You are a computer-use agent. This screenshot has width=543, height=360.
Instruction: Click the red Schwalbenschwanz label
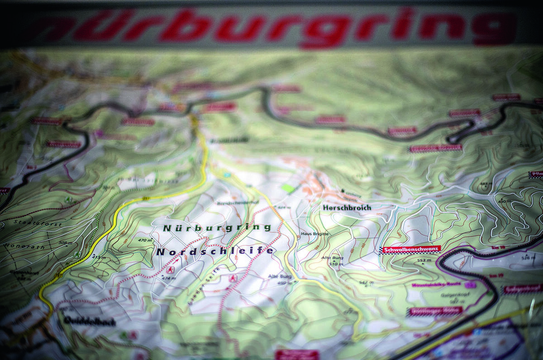[x=410, y=250]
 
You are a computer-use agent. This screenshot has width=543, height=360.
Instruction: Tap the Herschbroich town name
[x=347, y=207]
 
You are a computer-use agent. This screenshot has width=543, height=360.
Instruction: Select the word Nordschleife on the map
[x=215, y=251]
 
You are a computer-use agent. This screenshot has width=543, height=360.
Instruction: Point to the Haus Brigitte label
[x=314, y=234]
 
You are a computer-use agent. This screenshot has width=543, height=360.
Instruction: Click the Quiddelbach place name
[x=90, y=321]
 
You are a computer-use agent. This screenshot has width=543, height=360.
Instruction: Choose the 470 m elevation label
[x=145, y=240]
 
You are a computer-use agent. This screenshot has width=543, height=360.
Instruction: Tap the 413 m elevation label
[x=98, y=258]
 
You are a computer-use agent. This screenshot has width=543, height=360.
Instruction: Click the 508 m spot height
[x=65, y=243]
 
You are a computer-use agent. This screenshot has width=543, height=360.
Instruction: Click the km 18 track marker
[x=497, y=248]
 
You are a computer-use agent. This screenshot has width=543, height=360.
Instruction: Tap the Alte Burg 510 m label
[x=335, y=260]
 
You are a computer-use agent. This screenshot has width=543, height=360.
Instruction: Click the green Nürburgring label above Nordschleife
[x=217, y=228]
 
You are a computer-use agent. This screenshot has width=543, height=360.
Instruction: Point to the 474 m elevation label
[x=168, y=278]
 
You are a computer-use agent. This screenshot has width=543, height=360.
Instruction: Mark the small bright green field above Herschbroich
[x=287, y=187]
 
